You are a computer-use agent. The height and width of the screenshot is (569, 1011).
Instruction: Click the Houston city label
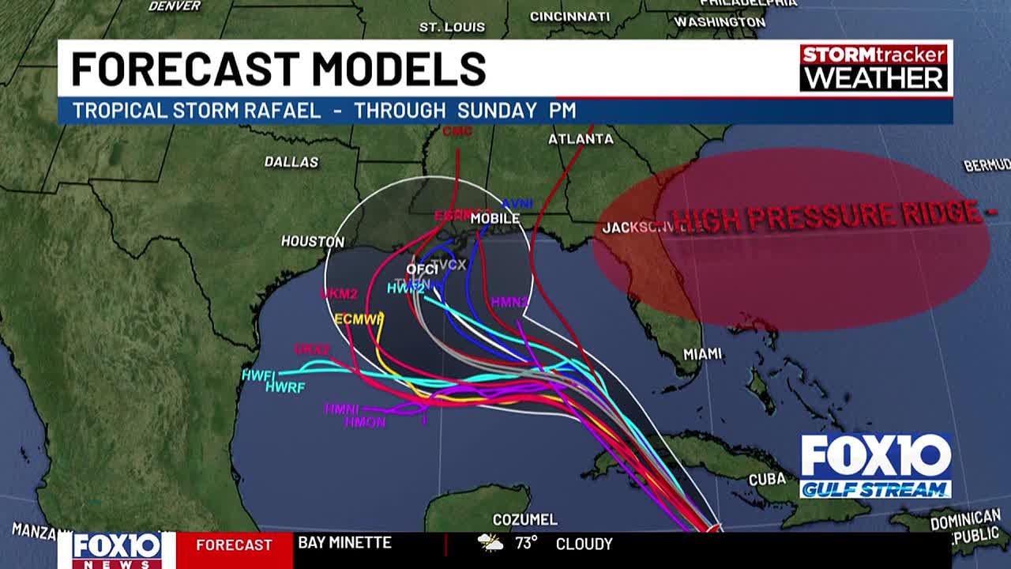(x=313, y=241)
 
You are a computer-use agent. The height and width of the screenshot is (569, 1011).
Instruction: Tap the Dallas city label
(x=291, y=162)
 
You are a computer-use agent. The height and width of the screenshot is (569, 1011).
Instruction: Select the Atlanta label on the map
(x=581, y=139)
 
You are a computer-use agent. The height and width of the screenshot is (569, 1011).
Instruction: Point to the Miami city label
(x=702, y=355)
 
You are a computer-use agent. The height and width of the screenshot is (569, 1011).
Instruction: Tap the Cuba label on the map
(x=767, y=479)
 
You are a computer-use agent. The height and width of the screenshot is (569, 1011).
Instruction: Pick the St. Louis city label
(x=452, y=27)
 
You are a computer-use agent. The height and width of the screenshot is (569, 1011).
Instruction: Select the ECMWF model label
(x=359, y=319)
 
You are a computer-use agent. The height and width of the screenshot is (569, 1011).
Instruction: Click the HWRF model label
(x=285, y=387)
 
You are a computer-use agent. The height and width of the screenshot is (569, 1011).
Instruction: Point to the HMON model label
(x=365, y=423)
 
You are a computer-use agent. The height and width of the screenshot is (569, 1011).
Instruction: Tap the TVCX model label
(x=448, y=265)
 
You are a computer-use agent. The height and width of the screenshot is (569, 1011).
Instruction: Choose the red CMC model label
(x=457, y=130)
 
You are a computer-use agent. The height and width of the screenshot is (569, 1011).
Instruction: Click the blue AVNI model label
(x=517, y=204)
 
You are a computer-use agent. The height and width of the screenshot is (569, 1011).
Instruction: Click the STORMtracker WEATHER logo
(x=873, y=68)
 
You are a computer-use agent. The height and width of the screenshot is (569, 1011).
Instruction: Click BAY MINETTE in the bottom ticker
(x=344, y=543)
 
